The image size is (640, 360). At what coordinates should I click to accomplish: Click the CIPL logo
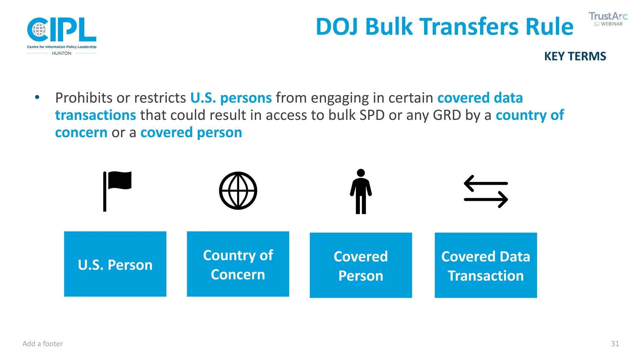(62, 30)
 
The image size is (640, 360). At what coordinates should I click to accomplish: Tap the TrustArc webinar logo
(608, 19)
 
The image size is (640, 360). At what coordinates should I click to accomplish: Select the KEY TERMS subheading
(575, 57)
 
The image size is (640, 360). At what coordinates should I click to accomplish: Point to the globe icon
(238, 191)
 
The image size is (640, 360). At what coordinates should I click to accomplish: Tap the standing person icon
(361, 191)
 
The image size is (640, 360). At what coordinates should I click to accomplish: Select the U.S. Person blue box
(115, 264)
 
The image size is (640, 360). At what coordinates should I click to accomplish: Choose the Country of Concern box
(238, 264)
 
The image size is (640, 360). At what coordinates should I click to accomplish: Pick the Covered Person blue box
(361, 265)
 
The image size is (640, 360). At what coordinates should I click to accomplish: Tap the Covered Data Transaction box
(486, 265)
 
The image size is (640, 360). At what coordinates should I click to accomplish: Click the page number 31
(615, 344)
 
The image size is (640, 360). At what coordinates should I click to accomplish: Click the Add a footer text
(42, 344)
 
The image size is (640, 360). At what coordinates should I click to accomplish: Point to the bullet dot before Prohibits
(37, 97)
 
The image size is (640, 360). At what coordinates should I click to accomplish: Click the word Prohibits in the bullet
(84, 98)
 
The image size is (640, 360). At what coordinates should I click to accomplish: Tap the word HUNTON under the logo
(62, 53)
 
